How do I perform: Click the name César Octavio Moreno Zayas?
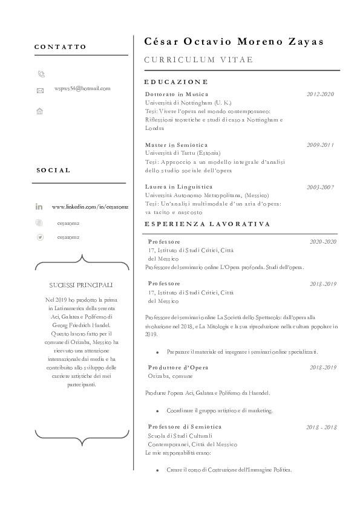coord(234,42)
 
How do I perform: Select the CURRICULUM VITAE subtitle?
coord(198,60)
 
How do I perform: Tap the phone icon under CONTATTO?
coord(41,74)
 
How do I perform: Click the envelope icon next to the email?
coord(41,91)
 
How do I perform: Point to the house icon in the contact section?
coord(40,111)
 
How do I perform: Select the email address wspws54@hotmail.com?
coord(82,88)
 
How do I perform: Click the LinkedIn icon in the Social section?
coord(39,207)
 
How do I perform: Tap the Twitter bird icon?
coord(40,237)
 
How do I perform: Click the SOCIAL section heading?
coord(53,170)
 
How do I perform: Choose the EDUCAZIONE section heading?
coord(176,82)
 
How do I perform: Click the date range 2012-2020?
coord(320,94)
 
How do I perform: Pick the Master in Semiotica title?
coord(176,145)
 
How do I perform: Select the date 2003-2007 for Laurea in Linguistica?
coord(320,187)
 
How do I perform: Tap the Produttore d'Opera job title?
coord(178,367)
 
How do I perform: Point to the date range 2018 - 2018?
coord(321,427)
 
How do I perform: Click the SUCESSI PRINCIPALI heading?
coord(81,285)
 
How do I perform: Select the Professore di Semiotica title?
coord(185,427)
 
